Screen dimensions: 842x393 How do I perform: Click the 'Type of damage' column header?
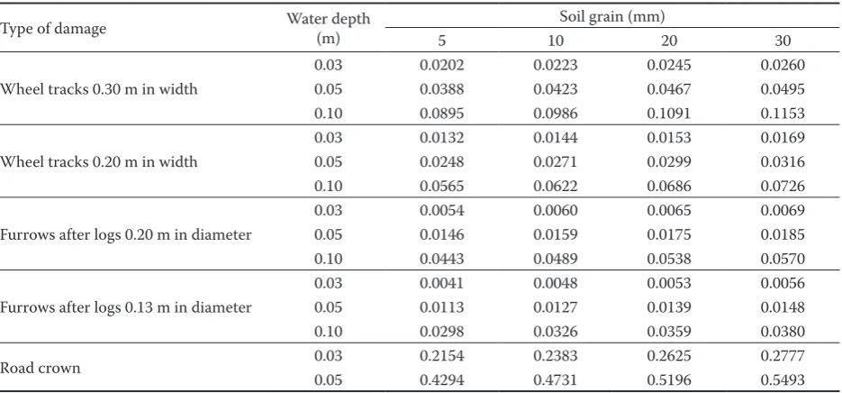click(53, 29)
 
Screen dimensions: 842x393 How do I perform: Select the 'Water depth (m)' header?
click(328, 29)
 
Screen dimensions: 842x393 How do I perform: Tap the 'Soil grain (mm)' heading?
click(612, 16)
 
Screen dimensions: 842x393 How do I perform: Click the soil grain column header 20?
click(669, 41)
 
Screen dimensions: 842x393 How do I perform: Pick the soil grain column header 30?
click(783, 41)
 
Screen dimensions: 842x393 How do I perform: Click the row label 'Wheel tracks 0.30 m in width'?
click(99, 89)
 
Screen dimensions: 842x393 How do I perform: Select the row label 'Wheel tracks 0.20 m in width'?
click(99, 162)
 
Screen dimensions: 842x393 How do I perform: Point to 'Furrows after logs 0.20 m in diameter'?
click(126, 235)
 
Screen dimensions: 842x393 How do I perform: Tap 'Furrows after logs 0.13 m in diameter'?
click(126, 307)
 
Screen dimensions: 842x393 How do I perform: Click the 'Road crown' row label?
click(41, 369)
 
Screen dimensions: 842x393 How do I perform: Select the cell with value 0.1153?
click(783, 114)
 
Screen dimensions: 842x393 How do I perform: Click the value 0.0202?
click(441, 65)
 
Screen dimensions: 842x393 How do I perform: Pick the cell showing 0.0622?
click(556, 186)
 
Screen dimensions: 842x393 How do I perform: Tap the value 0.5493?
click(783, 380)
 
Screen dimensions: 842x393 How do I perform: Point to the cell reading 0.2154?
click(441, 356)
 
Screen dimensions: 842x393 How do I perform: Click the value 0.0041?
click(441, 283)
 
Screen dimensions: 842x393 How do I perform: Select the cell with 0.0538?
click(669, 259)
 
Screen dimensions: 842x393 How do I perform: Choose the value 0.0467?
click(669, 89)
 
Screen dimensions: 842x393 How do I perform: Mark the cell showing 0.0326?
click(556, 332)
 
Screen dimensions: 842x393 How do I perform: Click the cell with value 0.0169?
click(783, 138)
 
